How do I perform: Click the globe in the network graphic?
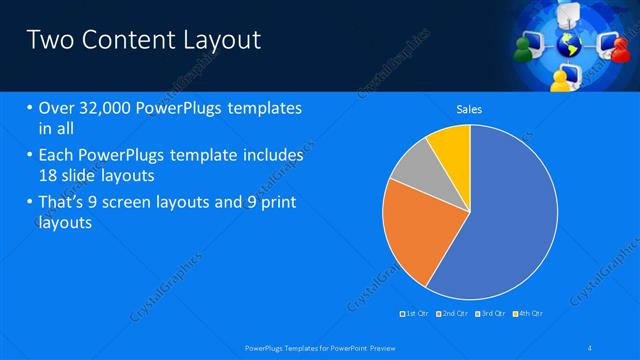pos(568,44)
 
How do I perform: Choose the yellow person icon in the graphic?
pos(567,76)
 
